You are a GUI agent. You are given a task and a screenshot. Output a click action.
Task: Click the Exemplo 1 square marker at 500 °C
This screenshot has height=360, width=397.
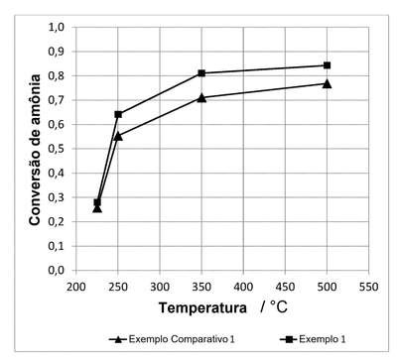coord(327,65)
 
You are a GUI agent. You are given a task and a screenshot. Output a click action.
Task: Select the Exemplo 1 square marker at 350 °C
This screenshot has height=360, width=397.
coord(201,73)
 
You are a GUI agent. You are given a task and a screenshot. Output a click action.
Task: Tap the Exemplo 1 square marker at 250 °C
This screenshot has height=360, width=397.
coord(118,114)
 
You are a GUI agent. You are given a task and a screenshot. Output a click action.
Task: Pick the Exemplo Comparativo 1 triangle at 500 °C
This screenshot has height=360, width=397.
coord(327,83)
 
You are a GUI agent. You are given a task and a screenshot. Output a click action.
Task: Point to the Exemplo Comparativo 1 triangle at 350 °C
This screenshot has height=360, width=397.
coord(201,98)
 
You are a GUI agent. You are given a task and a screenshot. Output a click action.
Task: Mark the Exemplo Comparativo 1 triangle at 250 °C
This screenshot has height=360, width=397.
coord(118,136)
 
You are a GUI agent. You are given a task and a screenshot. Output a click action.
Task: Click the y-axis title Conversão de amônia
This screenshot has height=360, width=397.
coord(35,150)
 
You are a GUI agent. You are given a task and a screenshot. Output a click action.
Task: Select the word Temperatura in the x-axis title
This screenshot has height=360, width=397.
coord(202,308)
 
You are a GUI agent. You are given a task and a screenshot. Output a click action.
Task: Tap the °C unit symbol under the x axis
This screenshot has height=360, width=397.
coord(278,307)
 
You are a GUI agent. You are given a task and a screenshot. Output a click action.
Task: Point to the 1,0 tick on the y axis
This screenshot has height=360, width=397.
coord(57,27)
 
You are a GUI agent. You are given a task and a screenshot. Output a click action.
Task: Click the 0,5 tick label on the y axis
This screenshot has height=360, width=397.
coord(57,149)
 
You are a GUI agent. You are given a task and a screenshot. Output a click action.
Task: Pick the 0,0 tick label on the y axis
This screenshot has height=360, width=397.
coord(57,271)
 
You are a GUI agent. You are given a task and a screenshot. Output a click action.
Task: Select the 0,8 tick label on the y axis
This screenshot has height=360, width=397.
coord(57,75)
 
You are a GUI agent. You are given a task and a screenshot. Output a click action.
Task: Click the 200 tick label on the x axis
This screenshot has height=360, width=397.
coord(76,287)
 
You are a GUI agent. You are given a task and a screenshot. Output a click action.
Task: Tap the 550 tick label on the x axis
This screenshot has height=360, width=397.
coord(368,287)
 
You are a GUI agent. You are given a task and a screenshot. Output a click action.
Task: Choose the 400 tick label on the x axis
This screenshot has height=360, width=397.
coord(243,287)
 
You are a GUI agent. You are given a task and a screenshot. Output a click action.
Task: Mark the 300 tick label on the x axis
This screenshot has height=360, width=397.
coord(160,287)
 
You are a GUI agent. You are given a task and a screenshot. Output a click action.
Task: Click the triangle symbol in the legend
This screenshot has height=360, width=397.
coord(117,339)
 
